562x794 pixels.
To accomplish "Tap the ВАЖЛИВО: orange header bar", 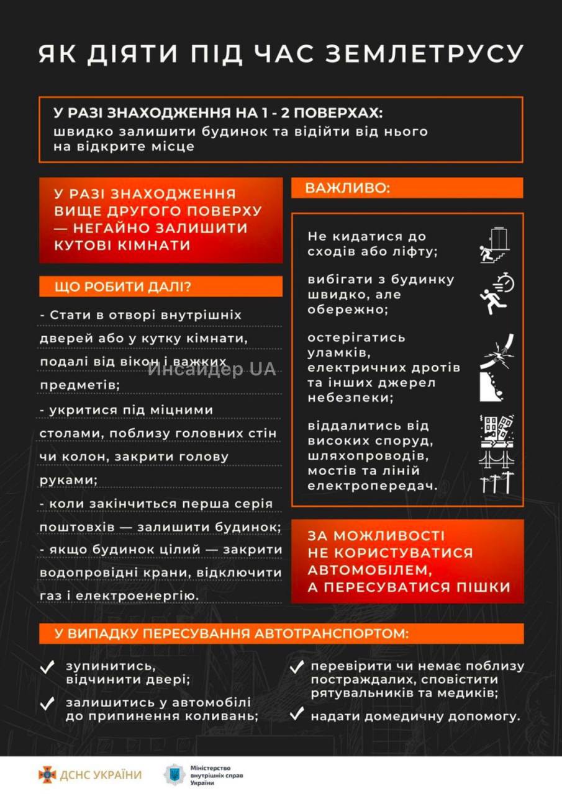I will click(407, 188).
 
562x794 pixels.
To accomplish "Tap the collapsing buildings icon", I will click(496, 432).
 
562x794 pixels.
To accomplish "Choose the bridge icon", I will click(496, 458).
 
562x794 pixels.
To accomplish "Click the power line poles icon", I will click(496, 482).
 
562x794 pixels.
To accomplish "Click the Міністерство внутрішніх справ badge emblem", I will click(174, 775).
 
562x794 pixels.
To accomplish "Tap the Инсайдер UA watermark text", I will click(212, 370).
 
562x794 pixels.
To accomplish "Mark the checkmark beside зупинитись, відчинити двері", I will click(48, 667).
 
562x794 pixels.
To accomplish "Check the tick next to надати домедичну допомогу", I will click(297, 714).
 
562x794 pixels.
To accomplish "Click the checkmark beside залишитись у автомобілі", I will click(48, 703).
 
